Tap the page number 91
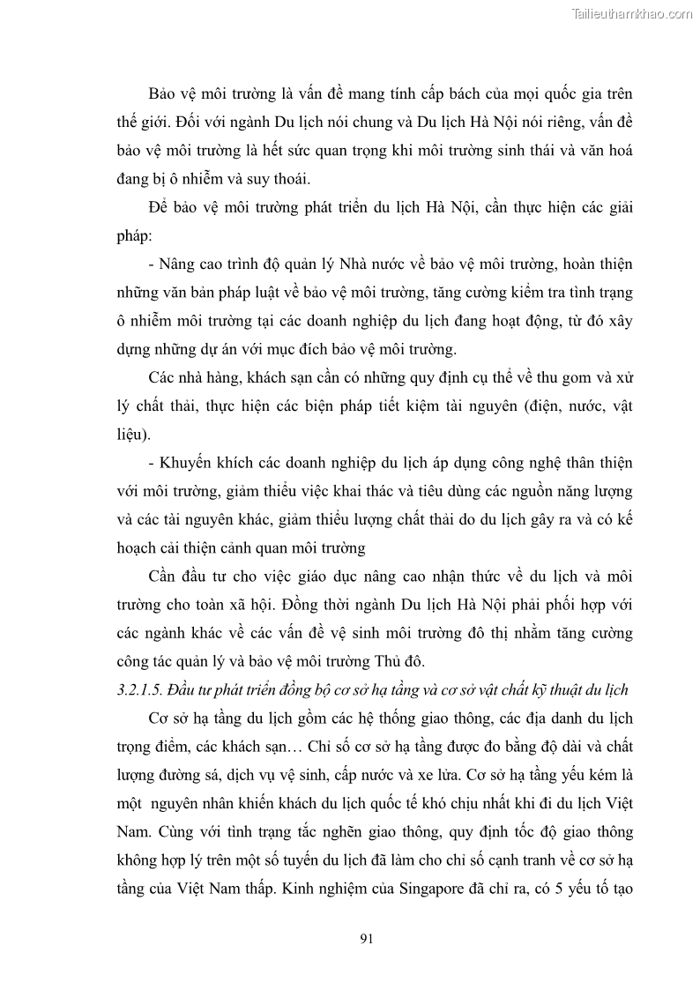pyautogui.click(x=368, y=938)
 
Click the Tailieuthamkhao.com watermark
pyautogui.click(x=632, y=13)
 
